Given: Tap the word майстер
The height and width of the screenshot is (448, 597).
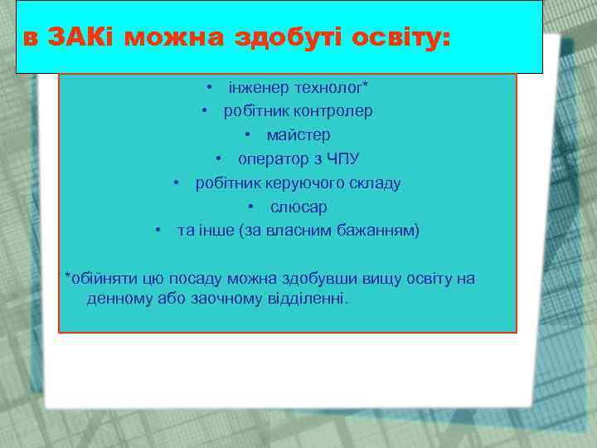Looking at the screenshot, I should (298, 134).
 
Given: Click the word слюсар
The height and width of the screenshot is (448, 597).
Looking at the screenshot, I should (298, 207).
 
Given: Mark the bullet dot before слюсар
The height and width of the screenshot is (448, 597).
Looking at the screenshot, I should (250, 207).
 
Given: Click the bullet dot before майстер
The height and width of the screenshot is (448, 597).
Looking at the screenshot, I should (247, 134).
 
